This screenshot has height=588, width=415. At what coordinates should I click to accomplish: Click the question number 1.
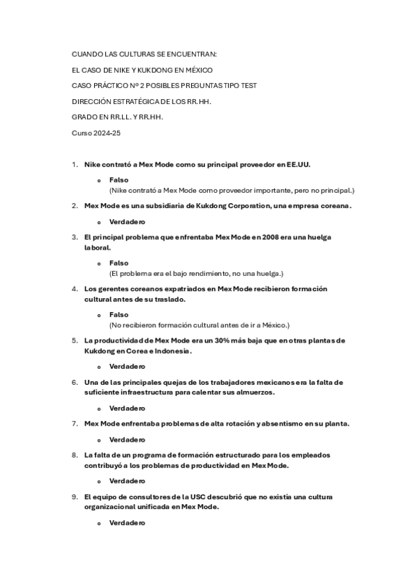click(x=74, y=165)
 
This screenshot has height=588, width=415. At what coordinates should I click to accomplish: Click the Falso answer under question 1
click(x=118, y=180)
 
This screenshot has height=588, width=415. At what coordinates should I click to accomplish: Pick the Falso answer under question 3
click(x=118, y=263)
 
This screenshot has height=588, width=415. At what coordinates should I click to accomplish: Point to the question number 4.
click(x=74, y=288)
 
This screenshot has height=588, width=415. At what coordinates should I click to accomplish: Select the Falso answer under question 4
click(x=118, y=315)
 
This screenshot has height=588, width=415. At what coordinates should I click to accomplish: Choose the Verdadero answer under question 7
click(x=127, y=439)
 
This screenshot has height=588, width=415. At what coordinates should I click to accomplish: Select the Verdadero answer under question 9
click(x=127, y=522)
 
